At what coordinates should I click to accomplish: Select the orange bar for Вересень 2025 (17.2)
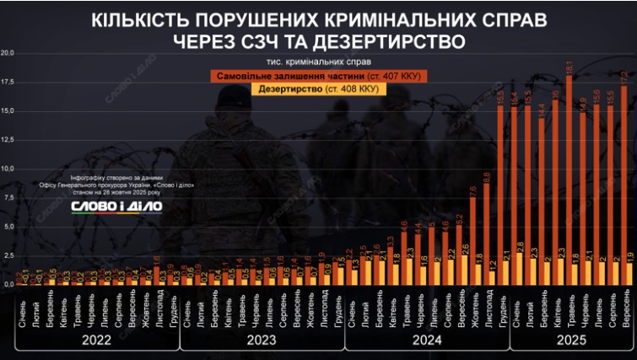pos(624,185)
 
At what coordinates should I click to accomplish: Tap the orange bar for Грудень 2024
pos(500,194)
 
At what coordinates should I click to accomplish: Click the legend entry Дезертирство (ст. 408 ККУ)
pos(319,89)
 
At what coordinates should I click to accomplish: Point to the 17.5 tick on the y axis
pos(8,82)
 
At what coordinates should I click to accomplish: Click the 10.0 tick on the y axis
pos(8,169)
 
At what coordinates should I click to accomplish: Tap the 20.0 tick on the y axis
pos(8,53)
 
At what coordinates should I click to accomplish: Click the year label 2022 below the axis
pos(98,342)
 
